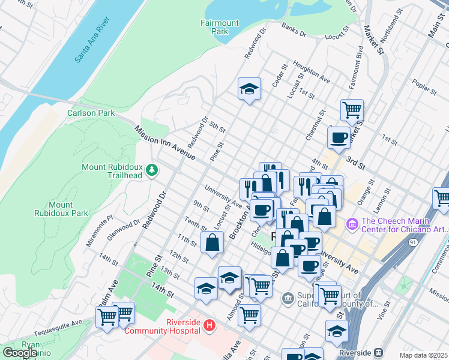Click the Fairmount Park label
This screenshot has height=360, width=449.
[x=219, y=28]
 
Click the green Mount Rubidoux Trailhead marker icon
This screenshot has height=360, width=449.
[x=152, y=170]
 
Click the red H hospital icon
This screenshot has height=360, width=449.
[x=209, y=326]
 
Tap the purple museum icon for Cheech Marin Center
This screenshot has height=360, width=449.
[x=352, y=224]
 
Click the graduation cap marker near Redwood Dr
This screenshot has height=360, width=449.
[x=249, y=89]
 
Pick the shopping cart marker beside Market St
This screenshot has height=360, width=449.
[x=352, y=110]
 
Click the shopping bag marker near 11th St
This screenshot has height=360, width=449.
[x=212, y=243]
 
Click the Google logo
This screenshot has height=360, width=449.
[x=20, y=353]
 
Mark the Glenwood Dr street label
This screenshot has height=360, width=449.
[x=124, y=229]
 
